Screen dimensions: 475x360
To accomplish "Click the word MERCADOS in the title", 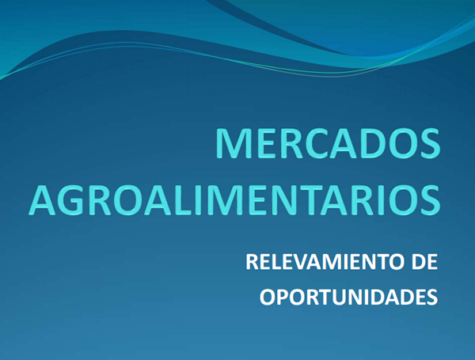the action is [x=328, y=143].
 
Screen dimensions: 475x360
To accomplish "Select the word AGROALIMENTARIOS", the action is [x=234, y=200].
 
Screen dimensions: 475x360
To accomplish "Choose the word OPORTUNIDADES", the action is [x=348, y=297].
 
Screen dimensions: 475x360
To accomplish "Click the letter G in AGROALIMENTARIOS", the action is [x=74, y=200].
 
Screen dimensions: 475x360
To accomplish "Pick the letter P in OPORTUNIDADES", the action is [x=284, y=297].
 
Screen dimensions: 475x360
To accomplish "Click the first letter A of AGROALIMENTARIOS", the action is [x=44, y=200].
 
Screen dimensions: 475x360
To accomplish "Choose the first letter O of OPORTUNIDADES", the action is [x=268, y=297].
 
